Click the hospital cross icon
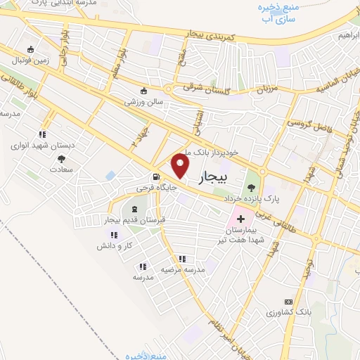(241, 219)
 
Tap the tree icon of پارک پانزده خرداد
(251, 187)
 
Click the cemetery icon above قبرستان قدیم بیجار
(134, 209)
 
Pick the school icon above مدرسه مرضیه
(182, 259)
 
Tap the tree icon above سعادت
(60, 158)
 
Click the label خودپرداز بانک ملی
(214, 151)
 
